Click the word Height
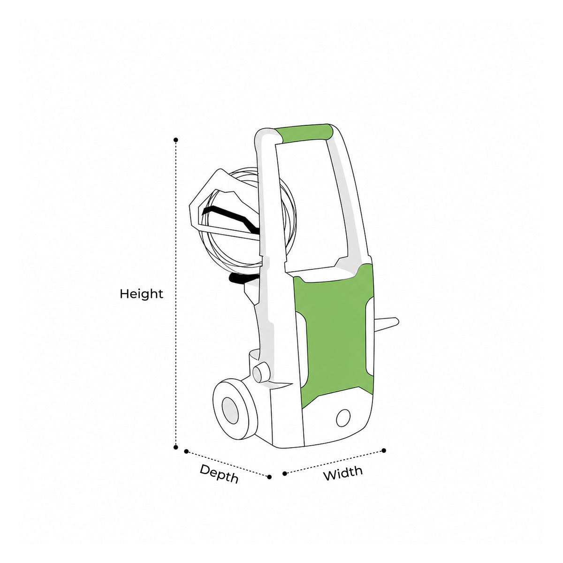pyautogui.click(x=141, y=294)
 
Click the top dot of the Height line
pyautogui.click(x=175, y=140)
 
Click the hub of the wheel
pyautogui.click(x=230, y=410)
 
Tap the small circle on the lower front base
pyautogui.click(x=343, y=418)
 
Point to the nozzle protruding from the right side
pyautogui.click(x=386, y=324)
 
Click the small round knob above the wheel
pyautogui.click(x=261, y=372)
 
